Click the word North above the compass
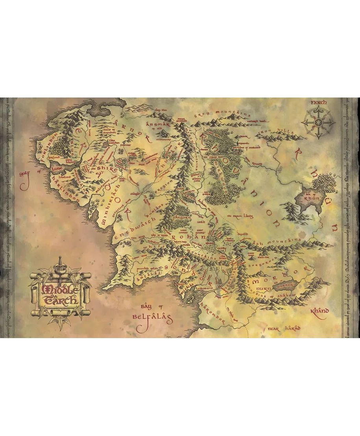coord(318,103)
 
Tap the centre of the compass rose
coord(318,122)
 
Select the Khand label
coord(319,311)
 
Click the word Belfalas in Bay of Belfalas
coord(152,316)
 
